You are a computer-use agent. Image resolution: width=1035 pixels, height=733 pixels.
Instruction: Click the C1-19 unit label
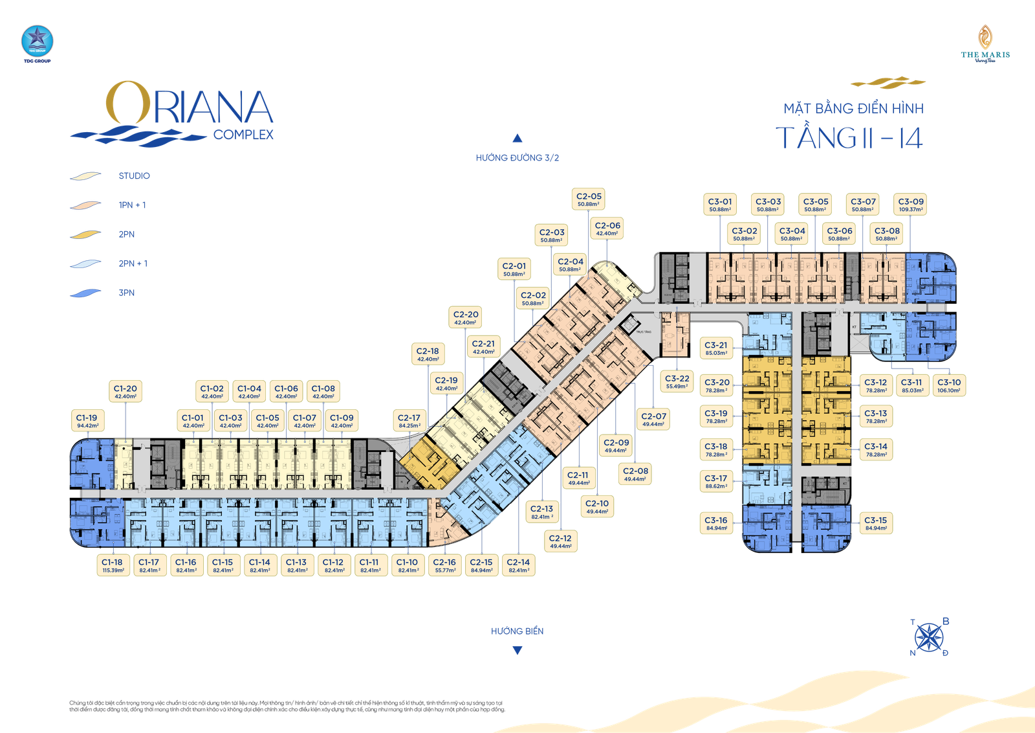point(87,422)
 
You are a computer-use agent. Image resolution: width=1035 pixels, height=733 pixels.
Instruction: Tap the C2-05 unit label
point(588,199)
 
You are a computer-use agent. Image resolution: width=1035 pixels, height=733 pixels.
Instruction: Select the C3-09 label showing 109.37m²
point(910,205)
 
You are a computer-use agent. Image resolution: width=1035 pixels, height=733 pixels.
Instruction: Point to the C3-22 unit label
point(677,382)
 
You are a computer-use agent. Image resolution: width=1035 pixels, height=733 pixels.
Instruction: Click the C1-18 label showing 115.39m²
point(113,566)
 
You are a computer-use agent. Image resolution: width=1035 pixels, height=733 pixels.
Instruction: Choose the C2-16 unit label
point(444,566)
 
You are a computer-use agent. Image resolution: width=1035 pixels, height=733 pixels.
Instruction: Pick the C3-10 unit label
point(949,386)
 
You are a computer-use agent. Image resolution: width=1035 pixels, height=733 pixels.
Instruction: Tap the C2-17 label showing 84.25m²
point(409,422)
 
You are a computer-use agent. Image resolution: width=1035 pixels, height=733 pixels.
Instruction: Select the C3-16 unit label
point(716,524)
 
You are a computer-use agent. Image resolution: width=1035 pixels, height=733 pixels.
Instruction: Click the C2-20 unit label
point(466,318)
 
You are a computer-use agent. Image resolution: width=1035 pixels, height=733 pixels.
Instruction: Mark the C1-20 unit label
point(125,392)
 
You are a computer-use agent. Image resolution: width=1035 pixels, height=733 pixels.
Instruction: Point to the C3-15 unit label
point(876,524)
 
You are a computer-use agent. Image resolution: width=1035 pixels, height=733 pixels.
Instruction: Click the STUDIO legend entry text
point(135,176)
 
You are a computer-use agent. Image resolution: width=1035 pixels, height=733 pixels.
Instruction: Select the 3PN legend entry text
point(127,293)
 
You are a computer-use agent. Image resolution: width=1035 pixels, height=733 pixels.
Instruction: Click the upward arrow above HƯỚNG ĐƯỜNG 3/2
point(517,138)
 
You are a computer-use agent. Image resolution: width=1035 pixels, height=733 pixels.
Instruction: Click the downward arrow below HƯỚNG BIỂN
point(517,651)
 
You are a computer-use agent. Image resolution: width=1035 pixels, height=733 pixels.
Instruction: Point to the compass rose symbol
point(930,637)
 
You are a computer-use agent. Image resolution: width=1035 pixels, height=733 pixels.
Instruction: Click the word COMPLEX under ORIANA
point(243,135)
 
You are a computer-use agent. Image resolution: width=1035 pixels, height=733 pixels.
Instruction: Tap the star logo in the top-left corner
point(36,41)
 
